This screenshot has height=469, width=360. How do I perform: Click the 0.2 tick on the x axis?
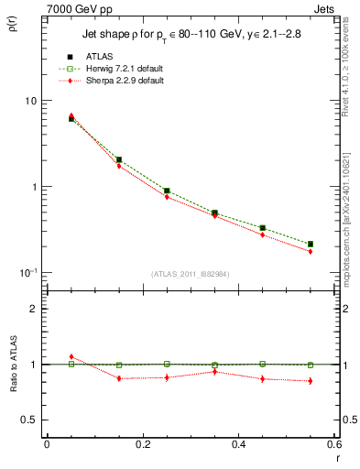coord(142,444)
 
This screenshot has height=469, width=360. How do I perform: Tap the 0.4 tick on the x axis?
coord(238,444)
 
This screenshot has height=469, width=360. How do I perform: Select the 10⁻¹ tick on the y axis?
coord(27,272)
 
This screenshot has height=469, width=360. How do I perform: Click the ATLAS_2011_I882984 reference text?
coord(191,274)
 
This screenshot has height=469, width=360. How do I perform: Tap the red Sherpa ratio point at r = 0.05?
coord(71,356)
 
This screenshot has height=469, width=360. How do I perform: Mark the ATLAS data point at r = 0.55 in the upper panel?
coord(311,245)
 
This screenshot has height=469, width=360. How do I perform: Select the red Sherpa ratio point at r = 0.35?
coord(214,371)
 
